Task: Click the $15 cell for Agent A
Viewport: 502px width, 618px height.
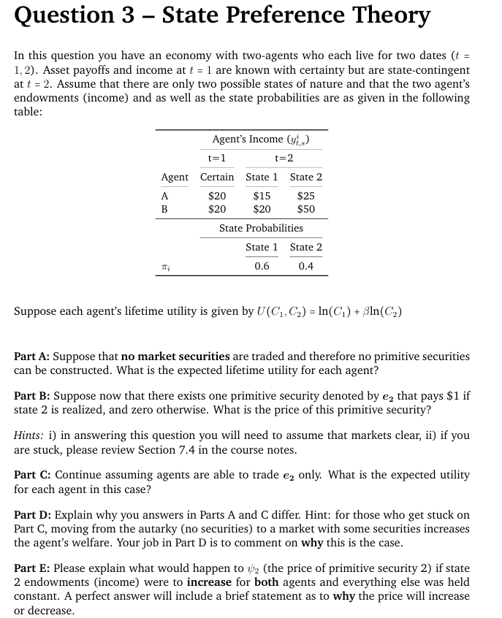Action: tap(262, 196)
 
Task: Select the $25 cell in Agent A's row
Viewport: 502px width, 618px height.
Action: tap(306, 196)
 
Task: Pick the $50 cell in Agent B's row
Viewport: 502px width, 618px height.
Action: tap(306, 209)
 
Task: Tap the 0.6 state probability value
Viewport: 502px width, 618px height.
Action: tap(262, 266)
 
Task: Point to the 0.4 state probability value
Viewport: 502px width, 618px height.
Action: tap(306, 266)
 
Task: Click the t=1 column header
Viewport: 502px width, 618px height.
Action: tap(217, 158)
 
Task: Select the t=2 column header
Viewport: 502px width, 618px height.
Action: tap(284, 158)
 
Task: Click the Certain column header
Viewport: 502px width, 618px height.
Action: tap(217, 177)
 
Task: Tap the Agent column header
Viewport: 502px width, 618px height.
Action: tap(175, 177)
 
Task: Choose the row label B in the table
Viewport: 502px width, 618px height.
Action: tap(164, 209)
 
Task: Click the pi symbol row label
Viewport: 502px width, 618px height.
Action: tap(165, 267)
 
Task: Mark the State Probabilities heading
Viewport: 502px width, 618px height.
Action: tap(261, 228)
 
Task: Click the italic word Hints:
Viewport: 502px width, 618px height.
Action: tap(29, 435)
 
